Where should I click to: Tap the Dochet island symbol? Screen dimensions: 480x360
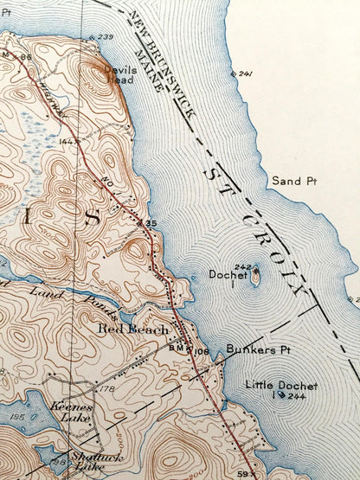tap(256, 278)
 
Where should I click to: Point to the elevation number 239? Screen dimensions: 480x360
tap(106, 37)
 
